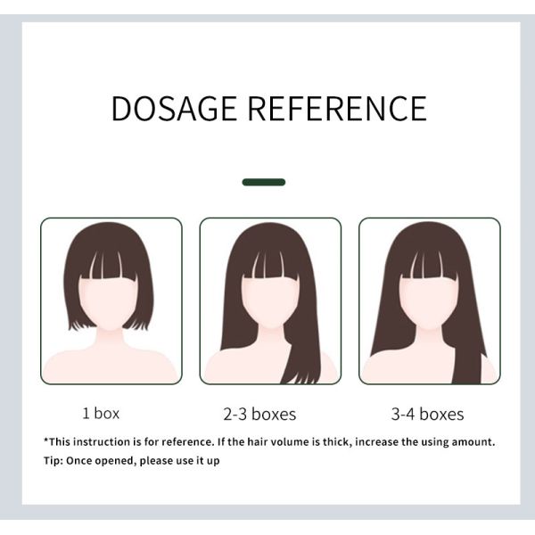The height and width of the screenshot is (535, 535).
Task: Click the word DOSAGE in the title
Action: pos(174,109)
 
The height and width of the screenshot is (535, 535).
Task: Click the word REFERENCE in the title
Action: pos(337,109)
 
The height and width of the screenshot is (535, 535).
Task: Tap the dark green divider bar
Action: pos(264,182)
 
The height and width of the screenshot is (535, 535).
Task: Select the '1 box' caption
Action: pos(101,413)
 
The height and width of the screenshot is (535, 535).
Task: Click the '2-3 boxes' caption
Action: pos(259,415)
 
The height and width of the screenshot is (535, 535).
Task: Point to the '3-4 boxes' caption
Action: pos(427,415)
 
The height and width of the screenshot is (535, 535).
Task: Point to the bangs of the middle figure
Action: pos(270,266)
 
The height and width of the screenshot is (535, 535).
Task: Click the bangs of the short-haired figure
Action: pos(109,266)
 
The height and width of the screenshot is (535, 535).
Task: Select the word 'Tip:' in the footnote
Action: pos(53,461)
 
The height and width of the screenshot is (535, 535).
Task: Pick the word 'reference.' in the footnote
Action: pos(188,442)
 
